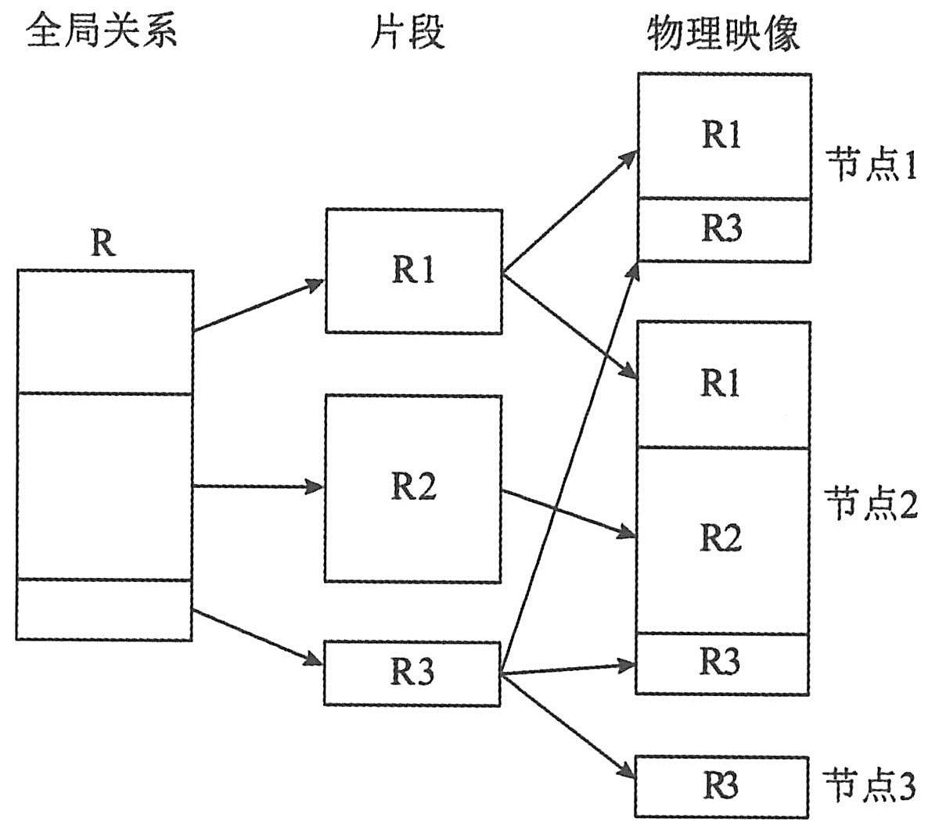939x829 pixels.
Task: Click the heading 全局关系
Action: tap(102, 33)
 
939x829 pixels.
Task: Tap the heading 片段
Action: tap(407, 33)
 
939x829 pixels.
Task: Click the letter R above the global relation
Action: tap(103, 243)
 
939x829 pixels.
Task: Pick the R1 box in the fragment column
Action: tap(413, 271)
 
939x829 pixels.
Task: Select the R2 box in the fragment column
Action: tap(413, 488)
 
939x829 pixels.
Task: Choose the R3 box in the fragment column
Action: tap(412, 673)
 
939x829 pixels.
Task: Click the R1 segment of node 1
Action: tap(724, 137)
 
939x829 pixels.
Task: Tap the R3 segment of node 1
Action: tap(724, 230)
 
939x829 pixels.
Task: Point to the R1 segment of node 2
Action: tap(722, 384)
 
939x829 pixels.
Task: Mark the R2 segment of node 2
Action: tap(722, 540)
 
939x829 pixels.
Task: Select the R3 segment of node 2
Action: tap(722, 663)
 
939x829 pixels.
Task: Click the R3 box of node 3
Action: tap(721, 786)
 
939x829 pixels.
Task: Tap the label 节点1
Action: tap(872, 166)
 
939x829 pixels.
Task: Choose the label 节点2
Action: tap(870, 506)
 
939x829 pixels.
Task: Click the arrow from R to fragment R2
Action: tap(258, 486)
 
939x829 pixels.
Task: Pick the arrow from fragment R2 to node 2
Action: tap(567, 513)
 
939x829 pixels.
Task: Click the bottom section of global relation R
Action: tap(104, 610)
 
